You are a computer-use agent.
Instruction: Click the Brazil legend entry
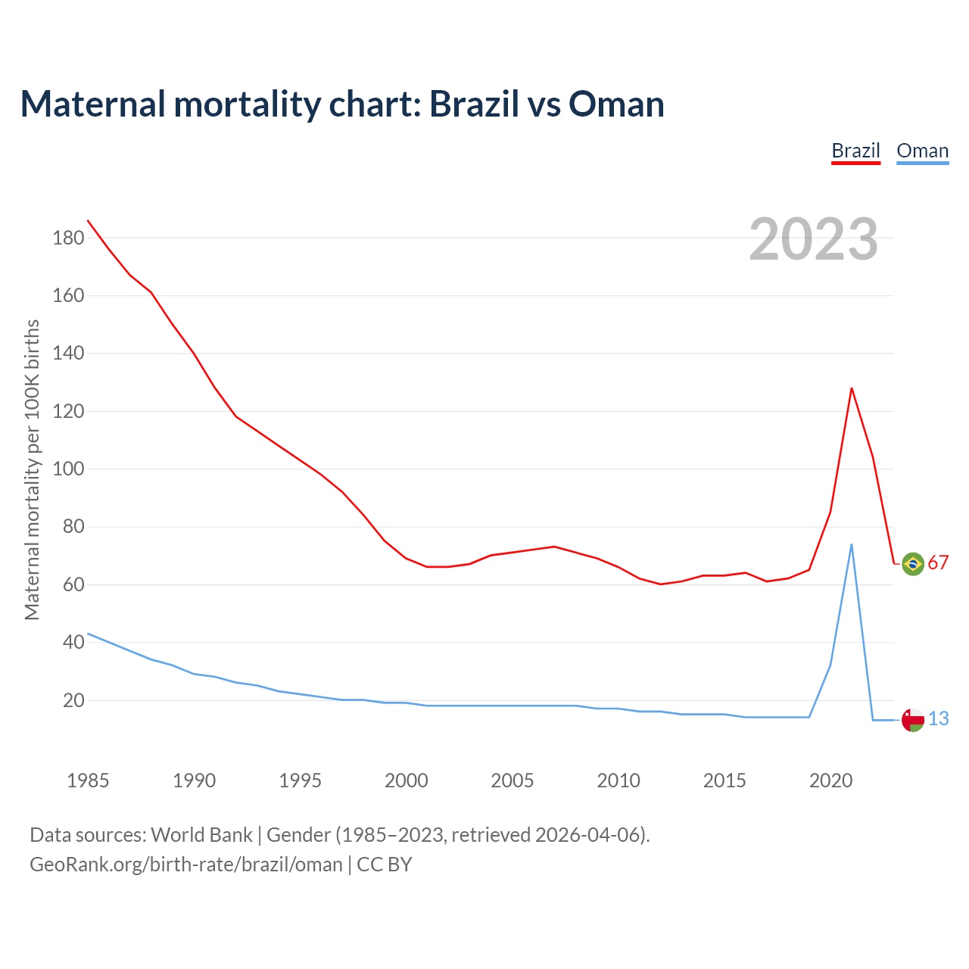[x=855, y=151]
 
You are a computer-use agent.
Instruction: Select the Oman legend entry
[x=922, y=151]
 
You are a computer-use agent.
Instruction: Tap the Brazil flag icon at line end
[x=913, y=564]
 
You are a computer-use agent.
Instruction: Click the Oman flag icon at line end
[x=913, y=720]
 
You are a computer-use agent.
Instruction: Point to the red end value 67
[x=938, y=563]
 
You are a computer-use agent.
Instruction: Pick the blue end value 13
[x=938, y=719]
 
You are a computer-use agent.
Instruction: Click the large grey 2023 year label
[x=813, y=239]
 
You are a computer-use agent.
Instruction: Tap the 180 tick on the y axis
[x=68, y=238]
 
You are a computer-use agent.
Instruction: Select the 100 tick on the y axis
[x=68, y=469]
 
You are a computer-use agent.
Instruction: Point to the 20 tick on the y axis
[x=73, y=701]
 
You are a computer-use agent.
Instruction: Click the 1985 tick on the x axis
[x=88, y=780]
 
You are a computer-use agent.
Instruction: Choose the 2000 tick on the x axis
[x=407, y=780]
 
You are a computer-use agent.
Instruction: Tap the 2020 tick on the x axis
[x=830, y=780]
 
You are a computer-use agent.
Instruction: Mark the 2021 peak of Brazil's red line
[x=852, y=388]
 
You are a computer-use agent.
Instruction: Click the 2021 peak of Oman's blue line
[x=852, y=544]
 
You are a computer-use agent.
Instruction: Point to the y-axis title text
[x=32, y=470]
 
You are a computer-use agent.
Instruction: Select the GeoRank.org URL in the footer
[x=186, y=865]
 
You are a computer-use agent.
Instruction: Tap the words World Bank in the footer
[x=201, y=835]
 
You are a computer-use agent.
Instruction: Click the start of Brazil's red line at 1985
[x=88, y=220]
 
